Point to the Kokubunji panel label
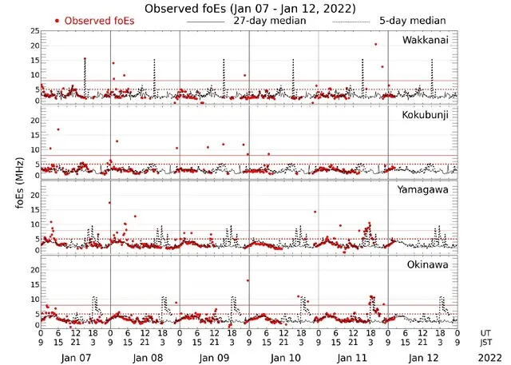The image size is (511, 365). click(426, 116)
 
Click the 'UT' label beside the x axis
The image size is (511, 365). click(485, 331)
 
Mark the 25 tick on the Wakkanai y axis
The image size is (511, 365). click(34, 31)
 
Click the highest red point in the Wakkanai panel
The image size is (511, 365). click(375, 45)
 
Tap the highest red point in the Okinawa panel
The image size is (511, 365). click(248, 280)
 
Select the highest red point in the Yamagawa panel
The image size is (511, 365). click(110, 203)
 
